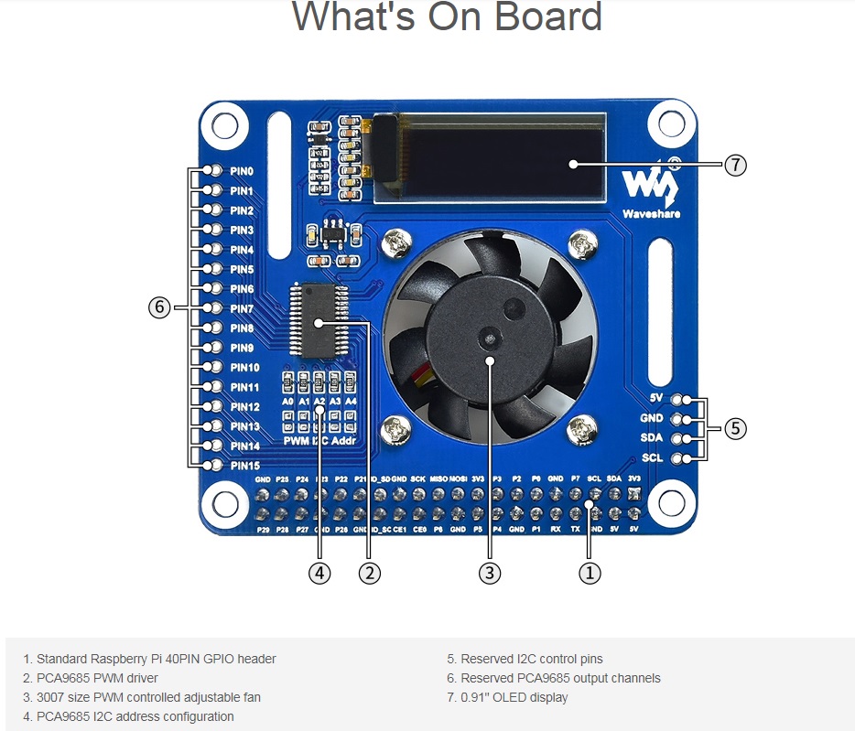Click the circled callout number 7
(x=736, y=165)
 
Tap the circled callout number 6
(x=159, y=307)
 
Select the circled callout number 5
(x=736, y=427)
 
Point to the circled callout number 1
(x=590, y=573)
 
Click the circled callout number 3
(x=490, y=573)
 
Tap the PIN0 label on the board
(x=242, y=171)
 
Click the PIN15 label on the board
(x=244, y=466)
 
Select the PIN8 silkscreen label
(x=242, y=328)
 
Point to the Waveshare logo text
(x=651, y=214)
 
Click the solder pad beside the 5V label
(x=678, y=400)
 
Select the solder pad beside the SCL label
(x=678, y=457)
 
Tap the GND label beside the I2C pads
(x=652, y=418)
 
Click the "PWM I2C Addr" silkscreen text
(x=319, y=441)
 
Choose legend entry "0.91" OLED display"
(x=506, y=697)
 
